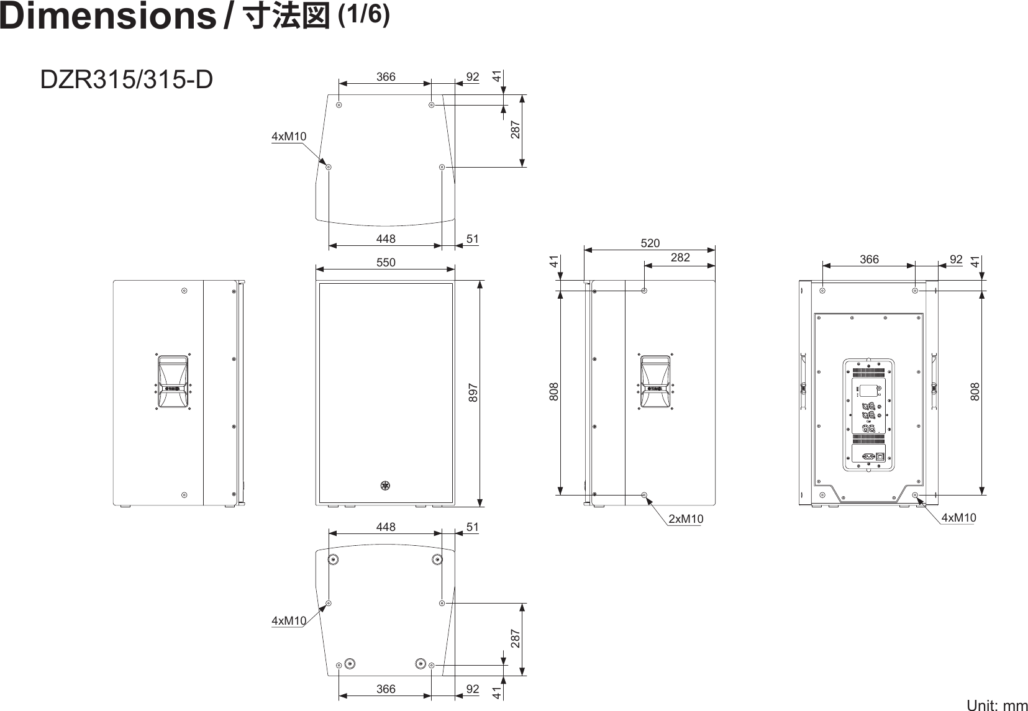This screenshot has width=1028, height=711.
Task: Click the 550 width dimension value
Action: point(385,263)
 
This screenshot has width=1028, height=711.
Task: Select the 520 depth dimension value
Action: point(650,243)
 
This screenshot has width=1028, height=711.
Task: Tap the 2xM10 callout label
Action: point(686,519)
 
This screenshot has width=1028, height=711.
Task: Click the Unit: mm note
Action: point(996,705)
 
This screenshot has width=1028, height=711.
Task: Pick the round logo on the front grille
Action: point(385,486)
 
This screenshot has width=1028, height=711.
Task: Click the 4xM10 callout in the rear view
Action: point(958,517)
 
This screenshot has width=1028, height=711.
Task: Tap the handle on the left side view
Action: point(172,383)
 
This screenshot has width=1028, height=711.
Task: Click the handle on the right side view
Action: point(656,383)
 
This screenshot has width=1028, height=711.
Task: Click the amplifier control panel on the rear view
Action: point(868,414)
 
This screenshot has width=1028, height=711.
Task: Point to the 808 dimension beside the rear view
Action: point(975,391)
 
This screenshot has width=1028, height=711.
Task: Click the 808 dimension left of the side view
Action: point(554,391)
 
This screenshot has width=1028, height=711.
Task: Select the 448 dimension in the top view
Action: point(385,238)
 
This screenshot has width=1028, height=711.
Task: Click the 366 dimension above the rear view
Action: point(869,260)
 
